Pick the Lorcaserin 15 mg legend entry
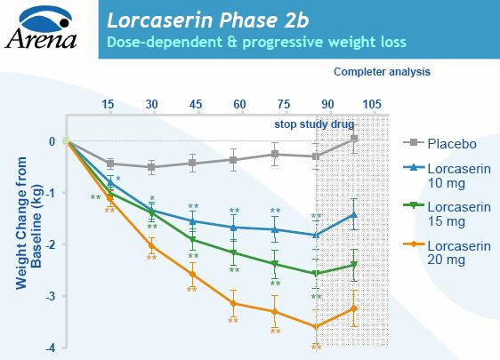456,214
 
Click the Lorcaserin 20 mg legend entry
456,253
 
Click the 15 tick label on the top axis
109,103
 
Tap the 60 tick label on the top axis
239,103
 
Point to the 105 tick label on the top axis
372,103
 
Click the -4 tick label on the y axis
52,348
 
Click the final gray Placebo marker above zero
353,139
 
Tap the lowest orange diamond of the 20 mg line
316,326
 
